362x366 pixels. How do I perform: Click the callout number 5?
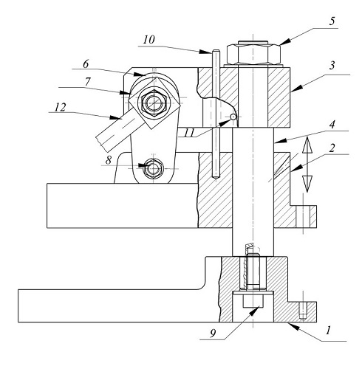pos(332,21)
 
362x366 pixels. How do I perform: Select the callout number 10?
pos(149,40)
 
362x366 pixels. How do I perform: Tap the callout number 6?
pos(86,64)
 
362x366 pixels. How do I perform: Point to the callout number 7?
pos(87,82)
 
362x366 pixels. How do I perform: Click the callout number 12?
pos(61,107)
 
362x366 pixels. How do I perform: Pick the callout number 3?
pos(332,66)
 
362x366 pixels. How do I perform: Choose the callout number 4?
pos(332,125)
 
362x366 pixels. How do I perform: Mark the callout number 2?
pos(332,148)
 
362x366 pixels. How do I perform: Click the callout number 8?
pos(109,160)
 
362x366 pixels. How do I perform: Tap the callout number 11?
pos(189,133)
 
